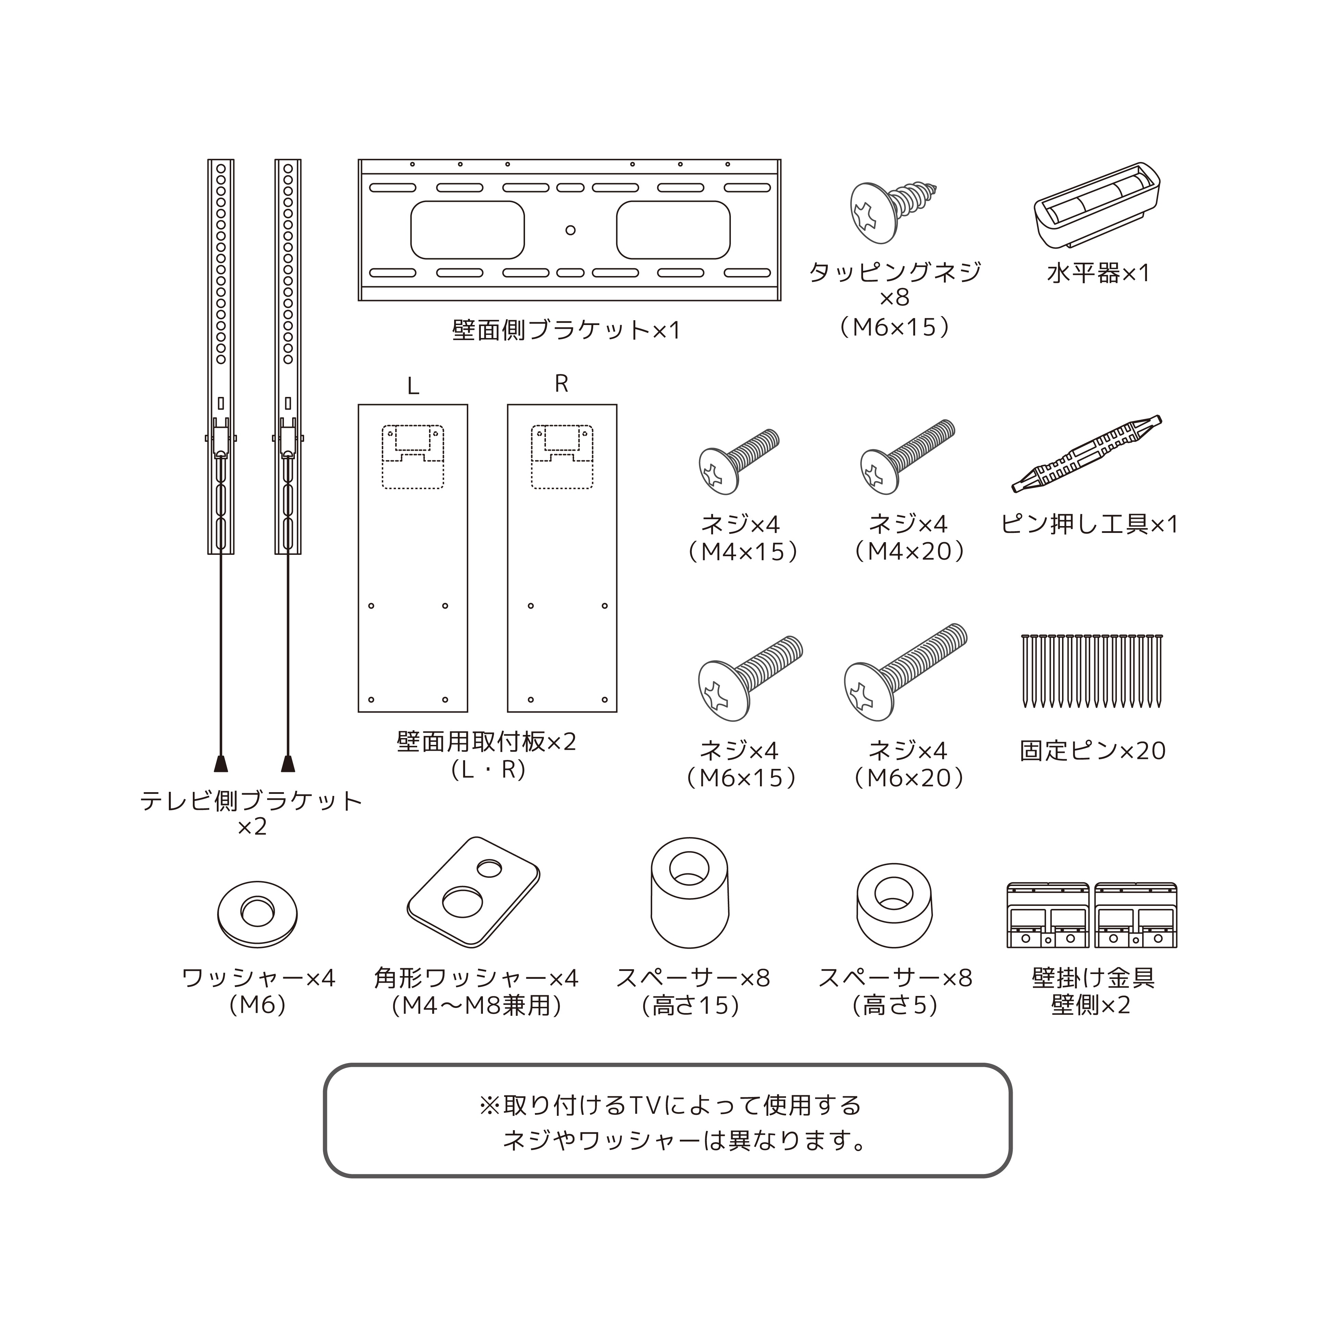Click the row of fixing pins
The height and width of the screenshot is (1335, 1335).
pyautogui.click(x=1092, y=670)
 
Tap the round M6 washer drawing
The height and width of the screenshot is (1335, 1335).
pyautogui.click(x=257, y=913)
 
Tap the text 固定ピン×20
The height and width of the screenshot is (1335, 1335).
pyautogui.click(x=1093, y=750)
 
